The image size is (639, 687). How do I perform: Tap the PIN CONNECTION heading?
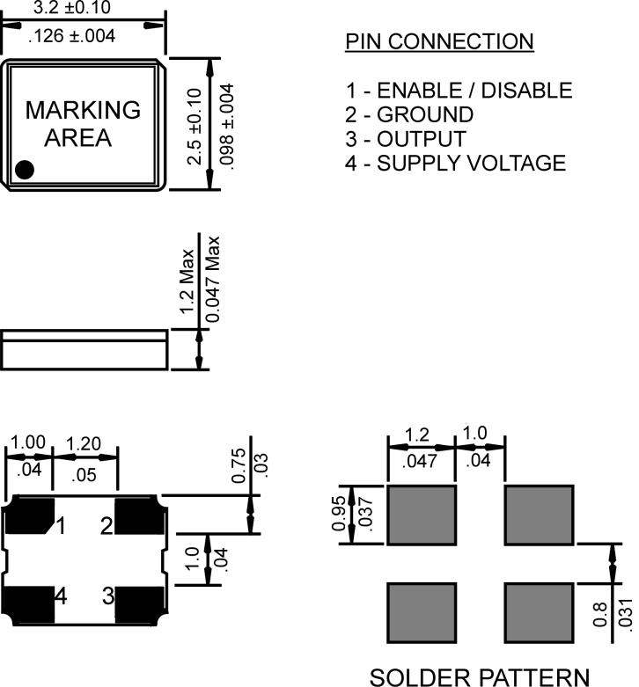[438, 41]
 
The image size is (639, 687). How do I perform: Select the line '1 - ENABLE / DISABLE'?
[459, 91]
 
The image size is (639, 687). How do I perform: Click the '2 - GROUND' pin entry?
[409, 114]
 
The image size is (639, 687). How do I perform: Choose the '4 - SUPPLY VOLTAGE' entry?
[455, 163]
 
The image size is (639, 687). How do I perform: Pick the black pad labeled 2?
[139, 516]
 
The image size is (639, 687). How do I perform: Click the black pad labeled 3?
[139, 603]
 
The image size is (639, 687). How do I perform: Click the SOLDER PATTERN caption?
[479, 676]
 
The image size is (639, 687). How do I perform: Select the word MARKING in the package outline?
[83, 110]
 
